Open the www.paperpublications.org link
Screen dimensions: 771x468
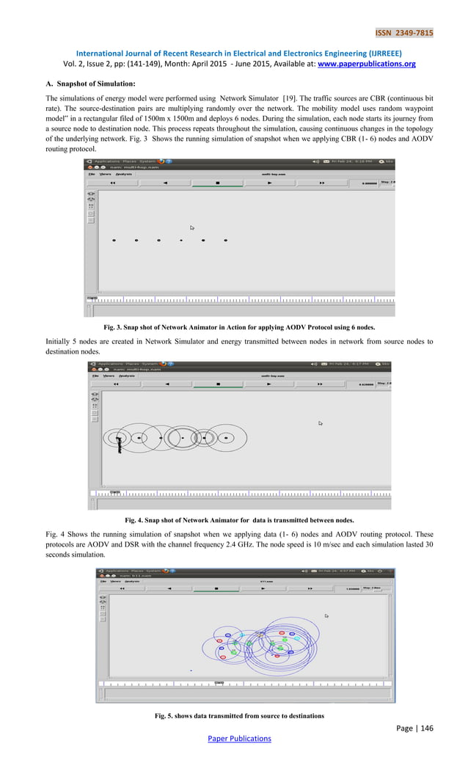point(366,64)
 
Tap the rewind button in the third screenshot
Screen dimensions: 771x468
point(121,588)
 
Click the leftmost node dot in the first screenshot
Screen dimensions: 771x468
point(114,240)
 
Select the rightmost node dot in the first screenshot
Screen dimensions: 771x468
point(226,240)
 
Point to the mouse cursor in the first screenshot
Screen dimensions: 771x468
point(192,228)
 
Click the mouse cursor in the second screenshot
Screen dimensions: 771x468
point(320,423)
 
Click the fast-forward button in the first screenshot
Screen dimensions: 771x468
point(321,183)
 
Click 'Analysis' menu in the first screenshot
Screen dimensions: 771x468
point(123,174)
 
